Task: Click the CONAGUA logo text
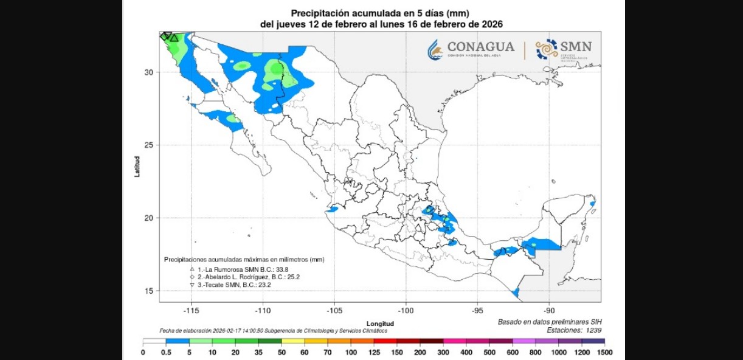tap(480, 47)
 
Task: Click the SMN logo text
tap(575, 47)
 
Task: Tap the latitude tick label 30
tap(148, 72)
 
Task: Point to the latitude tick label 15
tap(148, 291)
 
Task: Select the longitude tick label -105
tap(334, 310)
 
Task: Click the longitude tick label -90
tap(549, 310)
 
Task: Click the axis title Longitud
tap(381, 324)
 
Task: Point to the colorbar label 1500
tap(604, 353)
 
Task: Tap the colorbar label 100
tap(351, 353)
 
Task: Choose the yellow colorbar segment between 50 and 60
tap(292, 341)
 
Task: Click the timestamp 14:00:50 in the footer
tap(253, 330)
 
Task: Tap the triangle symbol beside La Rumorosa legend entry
tap(192, 269)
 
